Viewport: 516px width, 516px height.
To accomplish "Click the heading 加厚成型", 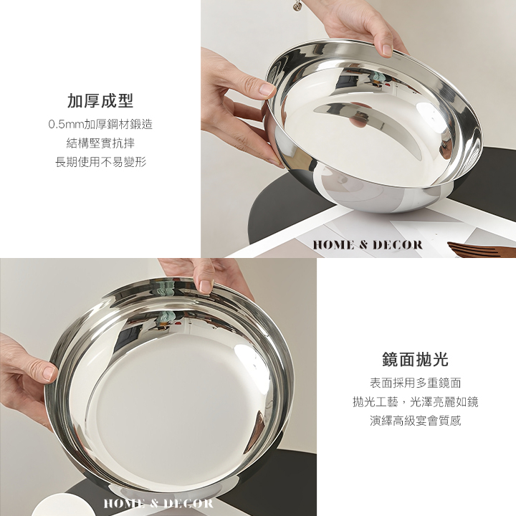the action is [100, 101].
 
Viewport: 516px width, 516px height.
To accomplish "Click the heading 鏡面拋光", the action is [415, 359].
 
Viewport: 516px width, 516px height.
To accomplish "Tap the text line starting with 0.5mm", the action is [100, 125].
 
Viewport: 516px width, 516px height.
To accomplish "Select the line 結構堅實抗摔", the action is [100, 143].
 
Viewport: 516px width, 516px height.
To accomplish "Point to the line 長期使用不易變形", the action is [100, 162].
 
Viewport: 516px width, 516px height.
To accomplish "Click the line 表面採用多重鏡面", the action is [415, 383].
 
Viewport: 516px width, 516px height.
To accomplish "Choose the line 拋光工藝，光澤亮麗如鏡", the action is [415, 402].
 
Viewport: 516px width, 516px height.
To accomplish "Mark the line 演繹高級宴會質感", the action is [415, 421].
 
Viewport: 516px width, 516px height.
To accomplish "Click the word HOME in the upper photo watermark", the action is [334, 245].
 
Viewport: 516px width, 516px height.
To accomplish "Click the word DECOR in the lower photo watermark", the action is [188, 504].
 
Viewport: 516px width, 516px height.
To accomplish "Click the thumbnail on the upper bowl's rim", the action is [387, 50].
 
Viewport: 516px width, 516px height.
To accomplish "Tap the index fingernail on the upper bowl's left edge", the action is [267, 89].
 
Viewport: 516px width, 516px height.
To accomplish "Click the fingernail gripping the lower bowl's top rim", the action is [206, 287].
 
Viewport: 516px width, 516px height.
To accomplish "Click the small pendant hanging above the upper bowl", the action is [299, 6].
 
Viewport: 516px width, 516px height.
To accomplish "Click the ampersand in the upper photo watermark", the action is [363, 245].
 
